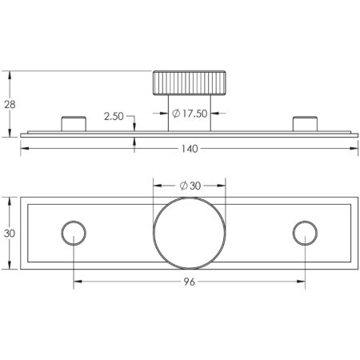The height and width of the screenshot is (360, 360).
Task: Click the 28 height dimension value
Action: [9, 102]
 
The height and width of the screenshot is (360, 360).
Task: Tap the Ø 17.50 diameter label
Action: [190, 114]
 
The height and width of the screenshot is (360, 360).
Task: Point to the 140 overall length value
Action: [190, 149]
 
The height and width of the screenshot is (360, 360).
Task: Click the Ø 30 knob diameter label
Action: [190, 186]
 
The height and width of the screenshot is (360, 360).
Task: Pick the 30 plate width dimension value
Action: [9, 233]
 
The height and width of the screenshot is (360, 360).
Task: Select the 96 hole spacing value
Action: [190, 282]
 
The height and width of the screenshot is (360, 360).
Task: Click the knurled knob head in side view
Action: [190, 83]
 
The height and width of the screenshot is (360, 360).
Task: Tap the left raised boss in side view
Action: [74, 123]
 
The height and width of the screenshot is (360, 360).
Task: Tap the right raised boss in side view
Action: [305, 123]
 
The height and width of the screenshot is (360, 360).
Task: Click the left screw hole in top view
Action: [74, 233]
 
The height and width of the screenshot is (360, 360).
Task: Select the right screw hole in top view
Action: [304, 233]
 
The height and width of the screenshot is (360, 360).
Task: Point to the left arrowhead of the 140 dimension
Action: [24, 149]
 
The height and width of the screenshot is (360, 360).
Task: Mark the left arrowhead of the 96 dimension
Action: [78, 282]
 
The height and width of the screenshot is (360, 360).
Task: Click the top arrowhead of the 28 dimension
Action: [10, 74]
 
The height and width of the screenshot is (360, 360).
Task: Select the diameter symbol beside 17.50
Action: [174, 114]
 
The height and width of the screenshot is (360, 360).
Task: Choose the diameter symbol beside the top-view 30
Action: [183, 186]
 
